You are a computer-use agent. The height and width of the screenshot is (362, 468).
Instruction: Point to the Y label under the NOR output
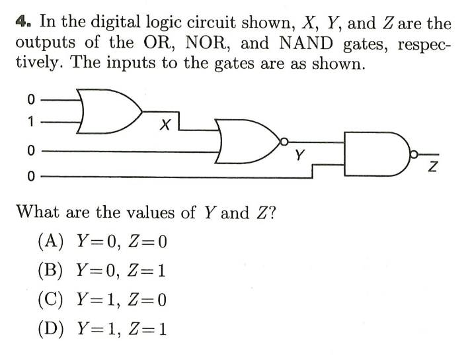[x=300, y=156]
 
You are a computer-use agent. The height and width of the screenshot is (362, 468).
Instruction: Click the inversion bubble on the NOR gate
[x=284, y=141]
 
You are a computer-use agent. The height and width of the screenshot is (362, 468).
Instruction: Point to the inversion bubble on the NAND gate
[x=414, y=156]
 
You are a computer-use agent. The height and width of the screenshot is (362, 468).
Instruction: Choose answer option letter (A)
[x=51, y=241]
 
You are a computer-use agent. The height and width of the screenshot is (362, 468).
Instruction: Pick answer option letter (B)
[x=51, y=270]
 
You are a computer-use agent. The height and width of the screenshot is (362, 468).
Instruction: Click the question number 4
[x=22, y=23]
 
